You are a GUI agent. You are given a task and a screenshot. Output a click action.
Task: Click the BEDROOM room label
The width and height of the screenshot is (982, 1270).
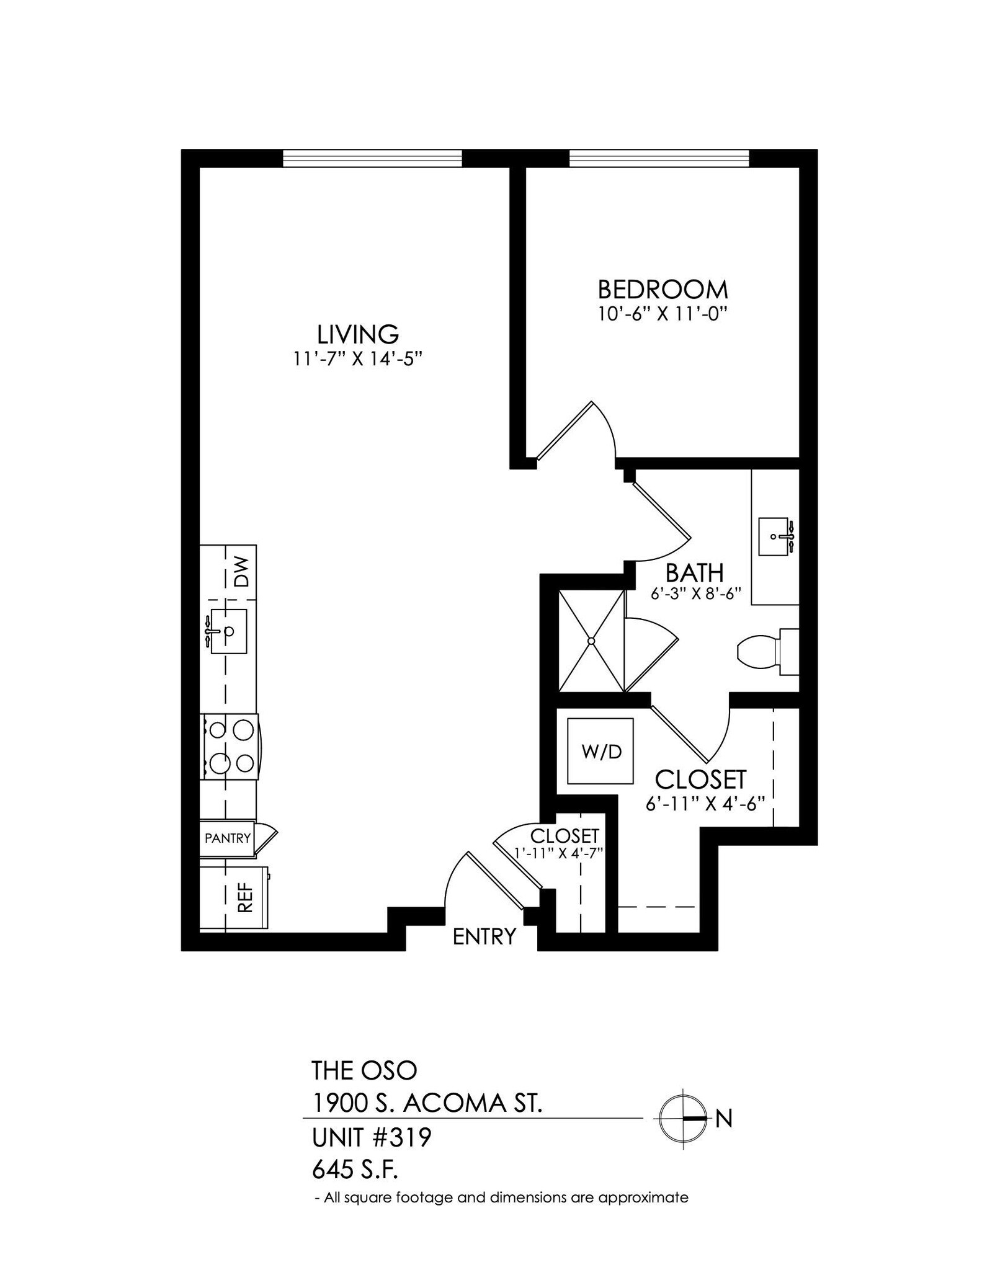pos(663,290)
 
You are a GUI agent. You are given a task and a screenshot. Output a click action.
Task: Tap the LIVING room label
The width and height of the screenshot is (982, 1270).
pos(358,335)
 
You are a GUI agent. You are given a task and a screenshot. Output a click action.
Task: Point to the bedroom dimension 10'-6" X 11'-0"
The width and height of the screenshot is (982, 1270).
pos(662,314)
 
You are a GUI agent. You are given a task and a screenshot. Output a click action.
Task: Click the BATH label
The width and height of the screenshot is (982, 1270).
pos(694,572)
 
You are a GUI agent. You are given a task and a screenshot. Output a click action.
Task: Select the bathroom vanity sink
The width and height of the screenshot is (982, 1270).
pos(775,536)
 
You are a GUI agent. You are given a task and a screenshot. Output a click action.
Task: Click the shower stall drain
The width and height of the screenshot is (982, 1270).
pos(591,641)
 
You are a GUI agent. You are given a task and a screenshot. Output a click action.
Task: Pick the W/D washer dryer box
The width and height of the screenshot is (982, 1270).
pos(601,752)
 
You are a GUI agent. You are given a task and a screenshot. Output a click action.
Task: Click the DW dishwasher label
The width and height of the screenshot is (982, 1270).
pos(241,572)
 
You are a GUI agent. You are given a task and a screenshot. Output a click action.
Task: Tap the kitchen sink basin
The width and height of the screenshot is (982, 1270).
pos(228,631)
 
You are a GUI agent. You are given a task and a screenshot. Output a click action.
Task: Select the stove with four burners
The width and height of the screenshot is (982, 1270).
pos(230,747)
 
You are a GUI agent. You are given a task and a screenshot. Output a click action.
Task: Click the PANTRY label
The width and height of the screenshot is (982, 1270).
pos(228,838)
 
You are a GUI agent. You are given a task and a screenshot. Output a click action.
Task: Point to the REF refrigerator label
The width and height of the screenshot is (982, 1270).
pos(246,897)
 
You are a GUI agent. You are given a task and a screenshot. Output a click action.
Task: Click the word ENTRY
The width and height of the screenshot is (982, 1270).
pos(484,936)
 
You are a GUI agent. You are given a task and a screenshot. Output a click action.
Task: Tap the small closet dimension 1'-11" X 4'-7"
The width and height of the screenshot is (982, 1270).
pos(559,853)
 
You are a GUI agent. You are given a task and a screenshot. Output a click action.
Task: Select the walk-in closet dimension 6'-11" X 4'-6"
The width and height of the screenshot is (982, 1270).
pos(703,804)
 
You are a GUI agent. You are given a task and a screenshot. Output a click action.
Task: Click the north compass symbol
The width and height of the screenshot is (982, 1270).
pos(683,1119)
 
